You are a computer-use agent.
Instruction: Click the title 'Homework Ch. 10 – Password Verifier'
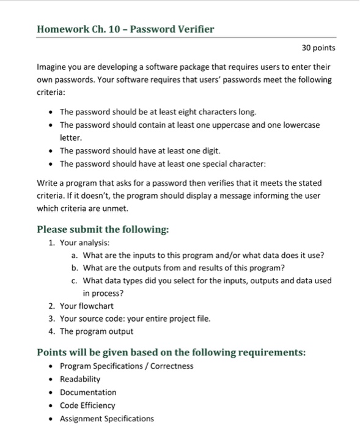125,29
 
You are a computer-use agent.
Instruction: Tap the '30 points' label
319,48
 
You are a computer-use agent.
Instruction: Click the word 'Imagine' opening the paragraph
53,67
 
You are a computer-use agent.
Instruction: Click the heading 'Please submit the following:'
103,230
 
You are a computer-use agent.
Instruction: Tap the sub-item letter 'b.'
75,268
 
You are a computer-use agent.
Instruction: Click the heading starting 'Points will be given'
171,353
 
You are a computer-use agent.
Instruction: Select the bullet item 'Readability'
80,379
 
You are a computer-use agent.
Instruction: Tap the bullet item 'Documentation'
88,392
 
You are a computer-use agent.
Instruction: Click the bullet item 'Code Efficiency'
87,405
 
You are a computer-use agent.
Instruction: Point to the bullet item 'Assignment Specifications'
107,419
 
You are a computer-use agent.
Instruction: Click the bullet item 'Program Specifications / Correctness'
127,366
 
